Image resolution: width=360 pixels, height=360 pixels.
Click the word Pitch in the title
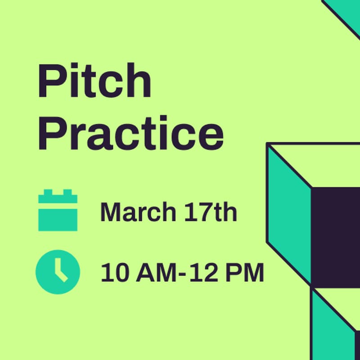pyautogui.click(x=94, y=81)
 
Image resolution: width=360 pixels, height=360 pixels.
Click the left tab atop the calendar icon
pyautogui.click(x=46, y=194)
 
